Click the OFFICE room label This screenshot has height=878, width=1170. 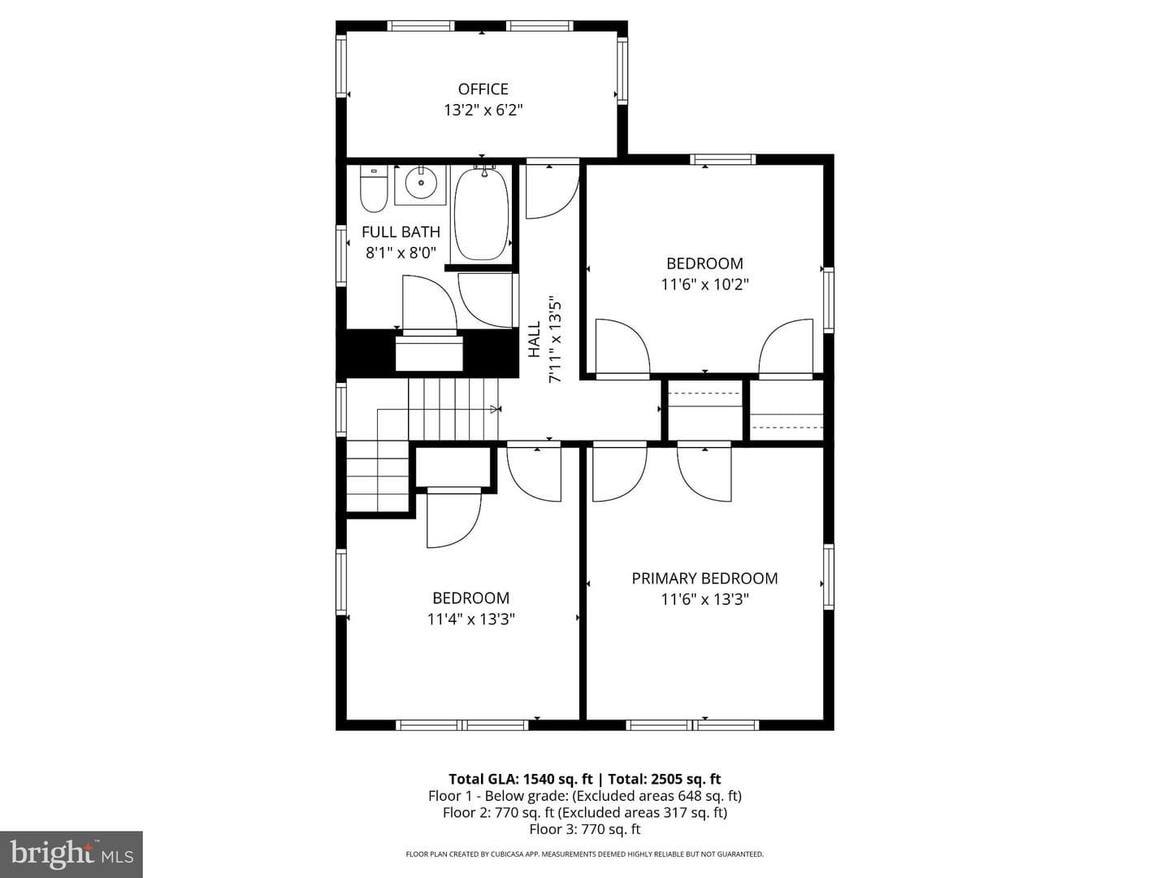coord(483,89)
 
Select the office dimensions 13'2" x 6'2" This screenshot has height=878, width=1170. coord(483,111)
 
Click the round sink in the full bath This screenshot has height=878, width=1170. coord(421,183)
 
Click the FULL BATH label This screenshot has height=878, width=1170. coord(401,232)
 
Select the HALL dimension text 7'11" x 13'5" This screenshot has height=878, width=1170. coord(556,340)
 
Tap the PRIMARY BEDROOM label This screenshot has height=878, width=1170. coord(704,578)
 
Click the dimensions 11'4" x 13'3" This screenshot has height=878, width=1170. coord(470,619)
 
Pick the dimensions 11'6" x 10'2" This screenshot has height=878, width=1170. coord(704,285)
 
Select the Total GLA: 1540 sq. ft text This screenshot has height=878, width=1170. coord(521,779)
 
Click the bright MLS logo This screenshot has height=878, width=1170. coord(71,854)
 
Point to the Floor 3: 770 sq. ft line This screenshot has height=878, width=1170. coord(585,829)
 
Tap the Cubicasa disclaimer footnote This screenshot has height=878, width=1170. coord(585,854)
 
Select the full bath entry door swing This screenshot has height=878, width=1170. coord(430,302)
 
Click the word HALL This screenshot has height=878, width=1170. coord(534,339)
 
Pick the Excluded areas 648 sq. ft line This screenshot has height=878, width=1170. coord(585,796)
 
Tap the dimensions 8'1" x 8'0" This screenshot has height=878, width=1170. coord(401,253)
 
